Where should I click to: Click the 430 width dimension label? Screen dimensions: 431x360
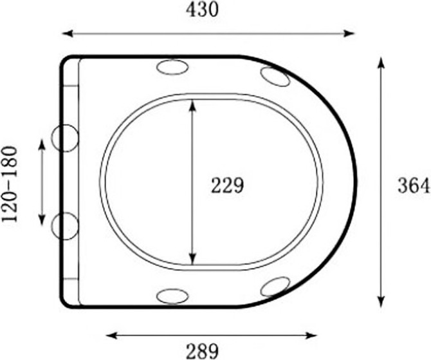[202, 10]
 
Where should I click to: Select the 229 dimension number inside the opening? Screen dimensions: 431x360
[227, 185]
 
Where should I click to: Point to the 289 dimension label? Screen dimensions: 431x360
[202, 350]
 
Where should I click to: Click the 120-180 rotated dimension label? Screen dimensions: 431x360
[10, 184]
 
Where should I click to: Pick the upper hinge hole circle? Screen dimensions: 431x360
[65, 138]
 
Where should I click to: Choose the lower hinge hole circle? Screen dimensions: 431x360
[65, 226]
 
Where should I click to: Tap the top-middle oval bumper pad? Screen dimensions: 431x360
[172, 67]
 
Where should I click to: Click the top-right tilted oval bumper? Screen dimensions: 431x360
[275, 77]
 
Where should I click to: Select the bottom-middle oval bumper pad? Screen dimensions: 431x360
[172, 296]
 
